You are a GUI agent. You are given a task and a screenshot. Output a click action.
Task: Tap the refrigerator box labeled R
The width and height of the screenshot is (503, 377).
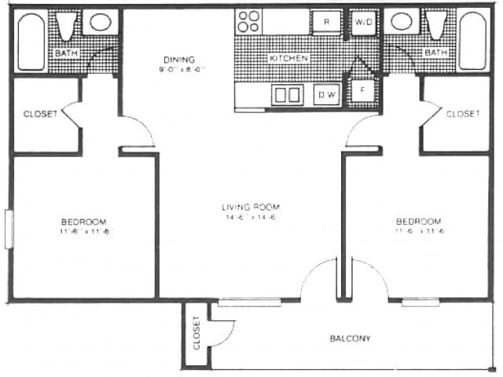[x=325, y=22]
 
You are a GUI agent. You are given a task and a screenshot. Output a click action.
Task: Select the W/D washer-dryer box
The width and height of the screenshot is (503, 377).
[x=363, y=22]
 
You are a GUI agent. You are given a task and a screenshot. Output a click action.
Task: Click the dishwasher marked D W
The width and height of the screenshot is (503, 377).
[x=325, y=95]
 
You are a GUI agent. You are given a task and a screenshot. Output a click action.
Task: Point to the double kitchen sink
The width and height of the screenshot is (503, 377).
[x=287, y=95]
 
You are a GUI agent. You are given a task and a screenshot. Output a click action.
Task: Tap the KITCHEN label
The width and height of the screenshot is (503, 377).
[x=288, y=59]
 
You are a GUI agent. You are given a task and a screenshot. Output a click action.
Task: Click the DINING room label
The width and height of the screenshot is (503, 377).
[x=178, y=60]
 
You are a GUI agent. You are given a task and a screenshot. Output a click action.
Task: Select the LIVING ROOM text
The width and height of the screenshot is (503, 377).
[x=251, y=207]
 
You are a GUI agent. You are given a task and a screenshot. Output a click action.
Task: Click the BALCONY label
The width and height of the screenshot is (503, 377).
[x=350, y=339]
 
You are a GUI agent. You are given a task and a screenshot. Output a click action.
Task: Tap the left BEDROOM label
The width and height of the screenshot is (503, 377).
[x=83, y=222]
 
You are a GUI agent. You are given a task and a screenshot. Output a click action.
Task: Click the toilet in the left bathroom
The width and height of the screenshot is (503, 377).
[x=66, y=25]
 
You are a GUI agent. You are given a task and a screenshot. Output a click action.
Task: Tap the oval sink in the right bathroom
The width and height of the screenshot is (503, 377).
[x=402, y=21]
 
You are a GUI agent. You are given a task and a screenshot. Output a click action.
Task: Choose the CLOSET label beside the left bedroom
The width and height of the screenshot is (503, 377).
[x=40, y=114]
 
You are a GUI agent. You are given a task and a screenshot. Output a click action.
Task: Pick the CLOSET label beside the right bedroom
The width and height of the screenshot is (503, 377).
[x=463, y=114]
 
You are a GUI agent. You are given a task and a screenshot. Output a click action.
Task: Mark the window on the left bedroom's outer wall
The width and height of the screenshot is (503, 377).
[x=10, y=228]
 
